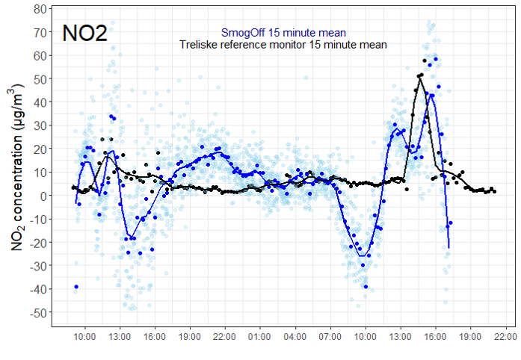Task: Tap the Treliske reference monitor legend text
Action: pyautogui.click(x=283, y=45)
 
